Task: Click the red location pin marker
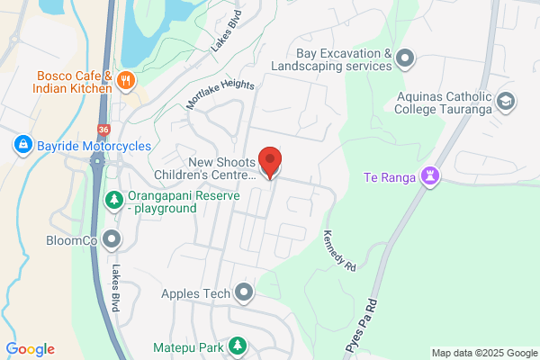tap(269, 162)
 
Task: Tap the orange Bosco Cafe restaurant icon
tap(127, 79)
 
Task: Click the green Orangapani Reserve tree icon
tap(113, 199)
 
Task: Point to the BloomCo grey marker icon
tap(112, 239)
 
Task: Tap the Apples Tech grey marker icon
tap(244, 292)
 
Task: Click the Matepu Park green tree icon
tap(237, 346)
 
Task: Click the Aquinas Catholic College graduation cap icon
tap(505, 100)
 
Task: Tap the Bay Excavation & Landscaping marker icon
tap(405, 60)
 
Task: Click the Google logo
tap(30, 349)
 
